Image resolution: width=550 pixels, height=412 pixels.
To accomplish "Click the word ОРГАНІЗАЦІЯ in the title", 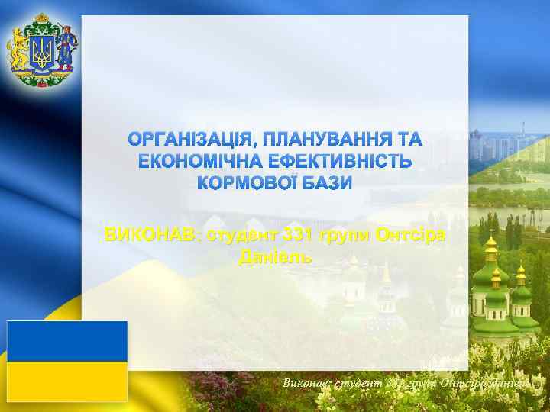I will click(190, 140).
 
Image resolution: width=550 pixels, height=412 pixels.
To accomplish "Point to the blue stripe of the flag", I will click(67, 341).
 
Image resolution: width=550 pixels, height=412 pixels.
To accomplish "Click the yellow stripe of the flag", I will click(67, 381).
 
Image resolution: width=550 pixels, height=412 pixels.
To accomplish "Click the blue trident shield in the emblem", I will click(41, 53).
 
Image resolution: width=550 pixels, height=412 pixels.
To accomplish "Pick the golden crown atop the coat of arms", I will click(41, 17).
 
